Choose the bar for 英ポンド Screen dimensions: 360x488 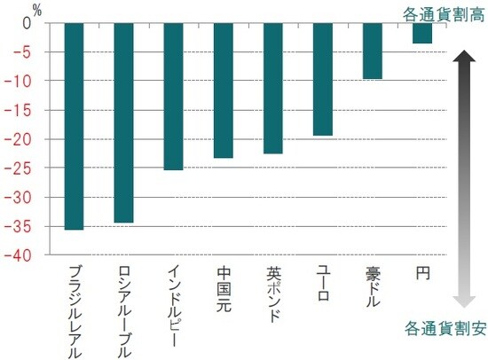[273, 89]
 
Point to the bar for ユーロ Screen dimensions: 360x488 [323, 79]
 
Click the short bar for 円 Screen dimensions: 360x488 [422, 33]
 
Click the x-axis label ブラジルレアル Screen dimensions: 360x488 [75, 309]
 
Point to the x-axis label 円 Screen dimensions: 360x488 [422, 274]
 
